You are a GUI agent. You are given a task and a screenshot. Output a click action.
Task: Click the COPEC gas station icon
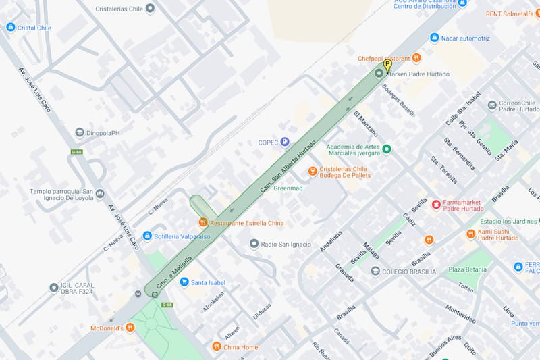(285, 142)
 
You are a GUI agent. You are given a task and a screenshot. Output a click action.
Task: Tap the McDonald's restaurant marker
(130, 328)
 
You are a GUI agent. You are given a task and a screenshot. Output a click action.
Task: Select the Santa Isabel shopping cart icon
(184, 282)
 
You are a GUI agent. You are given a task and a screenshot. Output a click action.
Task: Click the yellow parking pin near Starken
(387, 66)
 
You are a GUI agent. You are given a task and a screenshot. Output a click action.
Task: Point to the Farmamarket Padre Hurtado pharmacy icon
(436, 204)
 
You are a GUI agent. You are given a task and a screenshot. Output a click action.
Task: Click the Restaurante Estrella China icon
(202, 222)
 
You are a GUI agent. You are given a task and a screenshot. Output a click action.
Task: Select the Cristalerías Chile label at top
(120, 9)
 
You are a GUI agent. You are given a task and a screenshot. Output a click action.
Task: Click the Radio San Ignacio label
(286, 244)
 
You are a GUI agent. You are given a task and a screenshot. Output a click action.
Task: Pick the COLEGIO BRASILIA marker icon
(375, 272)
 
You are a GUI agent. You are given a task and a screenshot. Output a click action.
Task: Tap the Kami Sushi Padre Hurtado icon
(470, 234)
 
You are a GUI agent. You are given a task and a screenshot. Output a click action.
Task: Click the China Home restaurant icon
(216, 346)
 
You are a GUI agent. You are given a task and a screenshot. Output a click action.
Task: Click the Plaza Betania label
(467, 269)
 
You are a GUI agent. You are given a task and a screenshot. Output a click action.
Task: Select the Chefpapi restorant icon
(416, 58)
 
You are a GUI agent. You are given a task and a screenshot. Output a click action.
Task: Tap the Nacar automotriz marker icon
(434, 38)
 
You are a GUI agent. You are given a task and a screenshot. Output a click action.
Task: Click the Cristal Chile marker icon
(10, 28)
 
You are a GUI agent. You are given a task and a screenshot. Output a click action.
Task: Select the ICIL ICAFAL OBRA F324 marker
(54, 288)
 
